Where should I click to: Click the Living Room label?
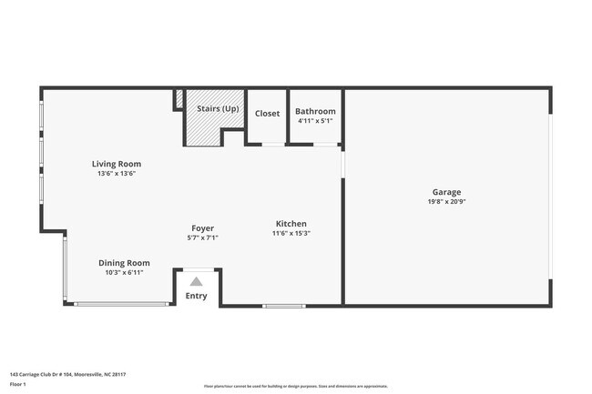click(116, 164)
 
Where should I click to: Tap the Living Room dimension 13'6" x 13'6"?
click(116, 174)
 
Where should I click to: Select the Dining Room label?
click(124, 263)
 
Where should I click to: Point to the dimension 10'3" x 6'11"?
click(124, 273)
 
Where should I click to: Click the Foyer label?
click(202, 227)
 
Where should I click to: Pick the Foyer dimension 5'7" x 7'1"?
click(202, 237)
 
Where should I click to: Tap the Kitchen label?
click(291, 223)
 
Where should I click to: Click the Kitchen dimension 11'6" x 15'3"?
click(291, 233)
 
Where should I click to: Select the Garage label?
click(446, 192)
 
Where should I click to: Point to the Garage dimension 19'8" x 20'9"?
click(446, 202)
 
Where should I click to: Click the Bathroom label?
click(315, 111)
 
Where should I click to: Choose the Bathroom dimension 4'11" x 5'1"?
click(315, 120)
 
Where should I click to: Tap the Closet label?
click(267, 114)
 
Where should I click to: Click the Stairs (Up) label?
click(218, 109)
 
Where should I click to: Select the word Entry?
click(196, 296)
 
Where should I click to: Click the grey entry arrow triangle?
click(196, 281)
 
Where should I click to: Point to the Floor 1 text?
click(19, 385)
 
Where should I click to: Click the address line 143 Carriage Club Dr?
click(67, 374)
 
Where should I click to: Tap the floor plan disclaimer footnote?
click(295, 386)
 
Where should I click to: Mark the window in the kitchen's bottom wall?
click(283, 305)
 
